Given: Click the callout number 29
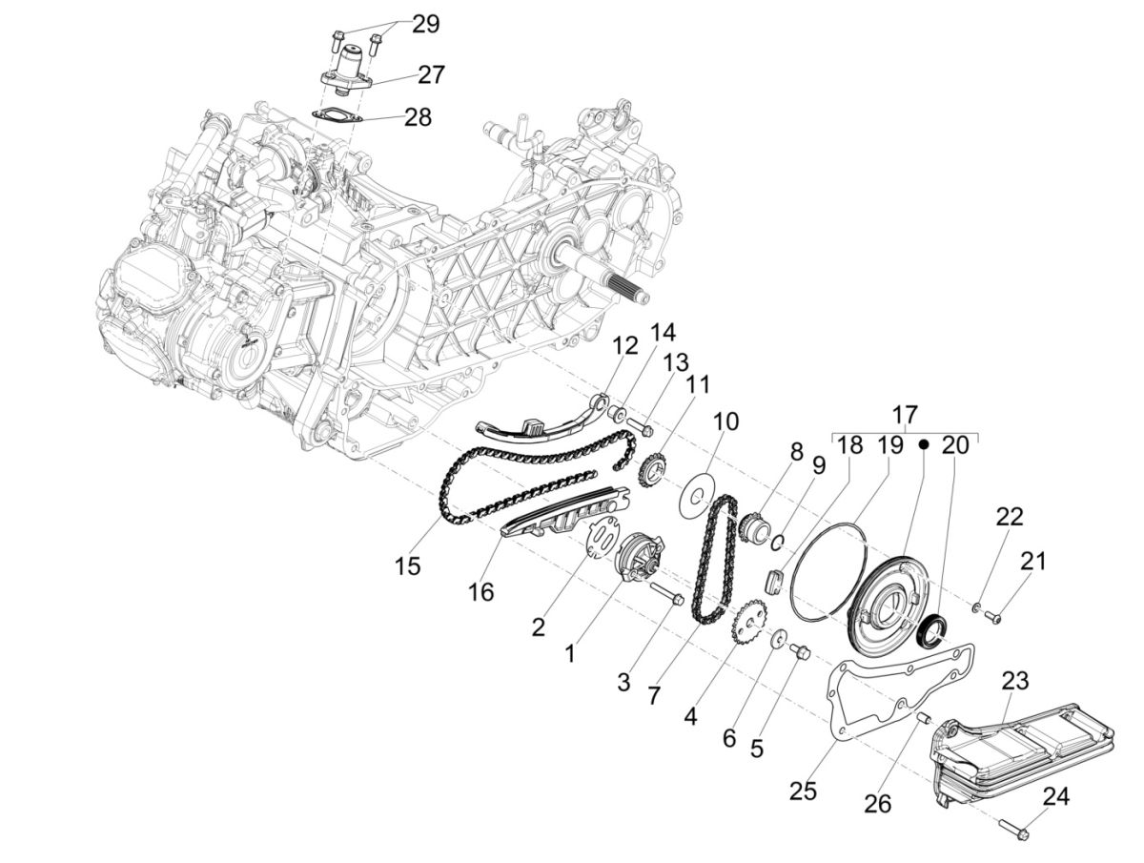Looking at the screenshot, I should [425, 24].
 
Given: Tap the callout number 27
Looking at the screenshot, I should [430, 73].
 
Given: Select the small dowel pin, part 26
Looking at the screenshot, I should [921, 716].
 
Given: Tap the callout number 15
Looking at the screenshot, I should [407, 565].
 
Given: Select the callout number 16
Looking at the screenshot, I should [481, 592].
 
